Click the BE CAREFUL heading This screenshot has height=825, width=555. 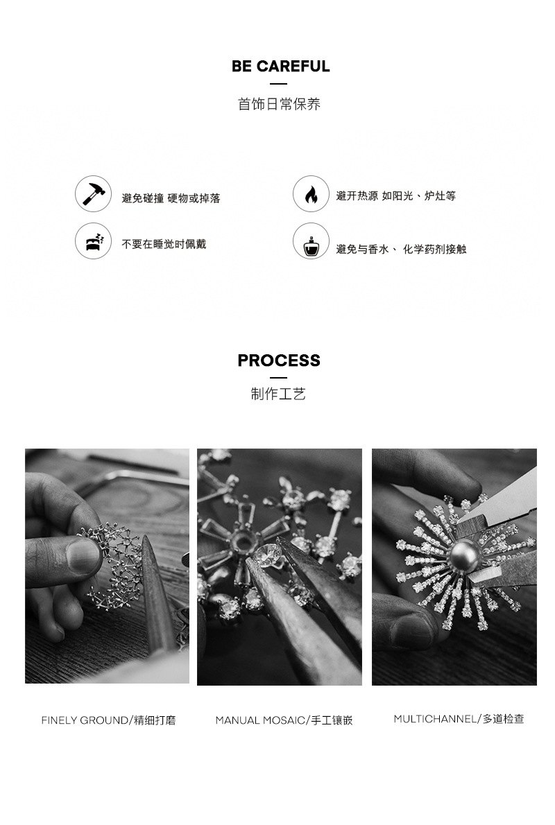[281, 67]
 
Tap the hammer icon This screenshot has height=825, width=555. [93, 193]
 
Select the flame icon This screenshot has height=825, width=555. [311, 193]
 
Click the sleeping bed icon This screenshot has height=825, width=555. [93, 241]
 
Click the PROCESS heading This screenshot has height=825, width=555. [279, 361]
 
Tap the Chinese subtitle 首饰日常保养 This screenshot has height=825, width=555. [279, 104]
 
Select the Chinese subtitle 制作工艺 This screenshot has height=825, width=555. [279, 394]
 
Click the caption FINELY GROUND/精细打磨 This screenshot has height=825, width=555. [108, 720]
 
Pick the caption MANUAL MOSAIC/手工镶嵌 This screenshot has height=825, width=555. [284, 720]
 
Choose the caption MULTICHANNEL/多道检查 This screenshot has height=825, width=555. [459, 719]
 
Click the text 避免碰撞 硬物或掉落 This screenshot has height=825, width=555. [171, 198]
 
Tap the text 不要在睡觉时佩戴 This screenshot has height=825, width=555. [164, 244]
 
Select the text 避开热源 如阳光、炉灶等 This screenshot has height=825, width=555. [396, 196]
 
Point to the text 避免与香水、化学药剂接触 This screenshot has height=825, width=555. [401, 250]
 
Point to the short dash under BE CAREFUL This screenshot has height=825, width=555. [279, 84]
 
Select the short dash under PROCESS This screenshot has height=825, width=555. [279, 377]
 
